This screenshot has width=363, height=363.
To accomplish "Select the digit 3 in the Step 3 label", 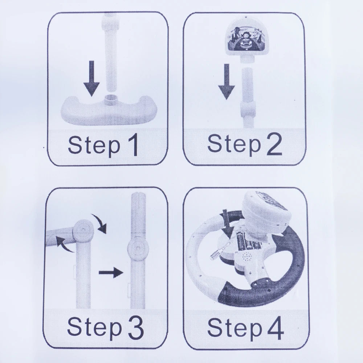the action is click(136, 327).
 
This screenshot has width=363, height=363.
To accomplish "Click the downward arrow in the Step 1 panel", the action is click(92, 78).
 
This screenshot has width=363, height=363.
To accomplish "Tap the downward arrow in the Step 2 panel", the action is click(227, 81).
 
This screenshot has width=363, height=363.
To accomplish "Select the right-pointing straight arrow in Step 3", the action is click(111, 273).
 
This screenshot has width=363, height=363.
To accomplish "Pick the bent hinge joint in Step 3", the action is click(83, 231).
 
